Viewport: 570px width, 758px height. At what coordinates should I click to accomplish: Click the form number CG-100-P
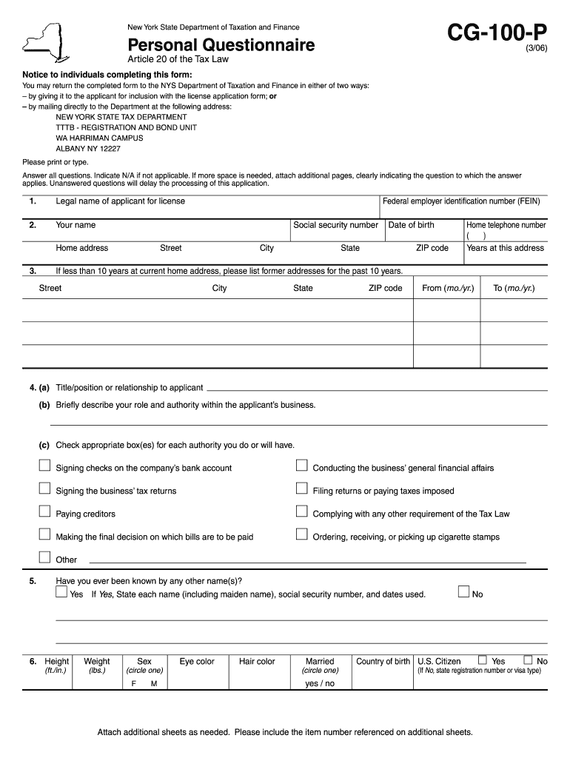(498, 33)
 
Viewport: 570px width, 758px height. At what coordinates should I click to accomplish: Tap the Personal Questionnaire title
(221, 46)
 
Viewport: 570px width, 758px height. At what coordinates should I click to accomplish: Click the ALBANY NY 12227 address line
(88, 149)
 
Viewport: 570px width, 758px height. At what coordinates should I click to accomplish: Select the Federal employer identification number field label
(461, 201)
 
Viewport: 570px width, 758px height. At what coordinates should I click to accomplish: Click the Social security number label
(335, 225)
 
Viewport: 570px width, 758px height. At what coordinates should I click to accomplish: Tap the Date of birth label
(412, 225)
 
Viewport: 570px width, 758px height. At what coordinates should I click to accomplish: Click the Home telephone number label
(506, 225)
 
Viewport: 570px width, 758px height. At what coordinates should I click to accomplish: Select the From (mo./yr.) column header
(448, 288)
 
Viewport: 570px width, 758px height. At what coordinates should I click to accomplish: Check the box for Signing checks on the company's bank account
(44, 466)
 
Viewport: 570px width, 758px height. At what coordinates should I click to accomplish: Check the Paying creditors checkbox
(44, 512)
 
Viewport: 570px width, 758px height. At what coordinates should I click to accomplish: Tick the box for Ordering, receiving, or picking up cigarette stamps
(301, 535)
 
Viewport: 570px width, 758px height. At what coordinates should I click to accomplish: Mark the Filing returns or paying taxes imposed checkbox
(301, 489)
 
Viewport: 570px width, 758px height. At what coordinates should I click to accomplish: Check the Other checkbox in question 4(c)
(44, 558)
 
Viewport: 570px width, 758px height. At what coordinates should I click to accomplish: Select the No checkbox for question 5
(463, 592)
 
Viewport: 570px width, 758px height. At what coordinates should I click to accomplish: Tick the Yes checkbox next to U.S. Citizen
(483, 660)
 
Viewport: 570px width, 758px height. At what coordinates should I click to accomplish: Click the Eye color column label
(197, 662)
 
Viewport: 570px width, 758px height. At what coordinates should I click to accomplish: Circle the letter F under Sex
(134, 684)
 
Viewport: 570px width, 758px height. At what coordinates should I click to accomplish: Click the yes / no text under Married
(320, 684)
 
